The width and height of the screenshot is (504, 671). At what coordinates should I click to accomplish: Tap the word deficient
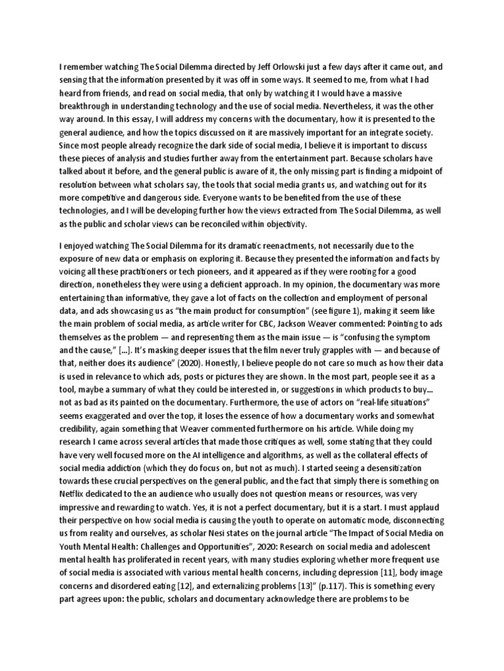click(x=219, y=285)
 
